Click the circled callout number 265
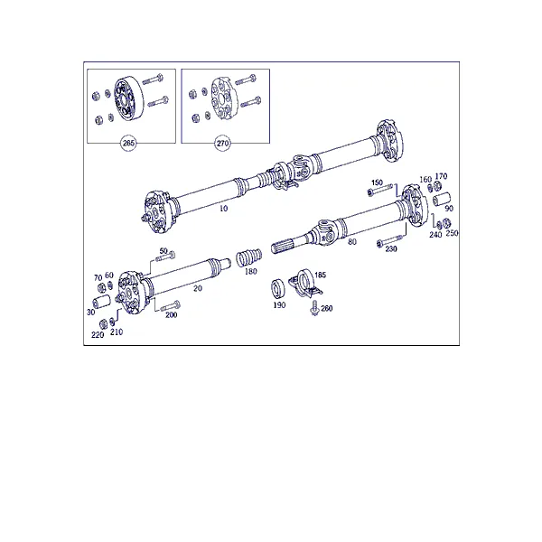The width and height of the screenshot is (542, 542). [128, 143]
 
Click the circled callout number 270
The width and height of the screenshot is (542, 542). [222, 143]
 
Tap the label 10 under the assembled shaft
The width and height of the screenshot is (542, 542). [224, 208]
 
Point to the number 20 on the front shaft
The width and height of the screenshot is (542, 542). [198, 288]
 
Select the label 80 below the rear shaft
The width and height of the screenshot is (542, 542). [352, 241]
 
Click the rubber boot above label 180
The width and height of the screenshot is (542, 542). [249, 257]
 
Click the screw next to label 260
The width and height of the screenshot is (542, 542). [315, 308]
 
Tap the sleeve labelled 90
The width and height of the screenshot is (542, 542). [442, 200]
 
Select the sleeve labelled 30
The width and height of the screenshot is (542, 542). [101, 302]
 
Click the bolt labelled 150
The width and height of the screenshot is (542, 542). [380, 190]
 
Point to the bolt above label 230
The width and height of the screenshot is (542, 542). [389, 240]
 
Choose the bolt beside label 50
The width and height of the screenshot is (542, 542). [165, 257]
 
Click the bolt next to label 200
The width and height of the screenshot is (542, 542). [171, 305]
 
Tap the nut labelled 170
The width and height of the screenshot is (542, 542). [437, 186]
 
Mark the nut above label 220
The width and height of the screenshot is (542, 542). [103, 324]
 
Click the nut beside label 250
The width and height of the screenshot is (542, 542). [446, 223]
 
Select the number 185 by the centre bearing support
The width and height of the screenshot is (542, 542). [320, 275]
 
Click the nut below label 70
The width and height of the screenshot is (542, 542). [101, 287]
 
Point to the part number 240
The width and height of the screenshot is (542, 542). [435, 235]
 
